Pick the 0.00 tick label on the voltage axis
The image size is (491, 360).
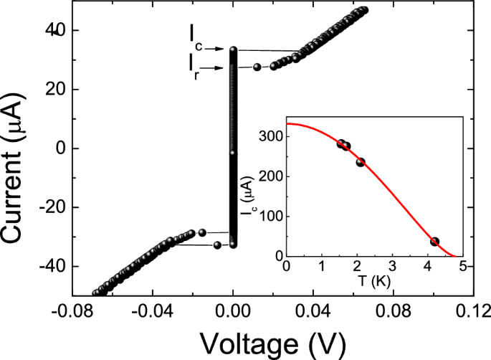click(x=233, y=311)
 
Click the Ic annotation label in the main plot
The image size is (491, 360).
click(x=196, y=37)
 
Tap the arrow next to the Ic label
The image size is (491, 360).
click(x=217, y=49)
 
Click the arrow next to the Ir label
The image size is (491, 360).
click(x=217, y=68)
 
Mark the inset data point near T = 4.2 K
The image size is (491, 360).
click(x=434, y=242)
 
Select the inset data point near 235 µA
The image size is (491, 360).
click(x=361, y=162)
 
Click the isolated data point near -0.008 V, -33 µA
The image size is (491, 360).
click(x=217, y=245)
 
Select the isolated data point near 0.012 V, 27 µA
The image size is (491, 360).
click(x=257, y=67)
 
